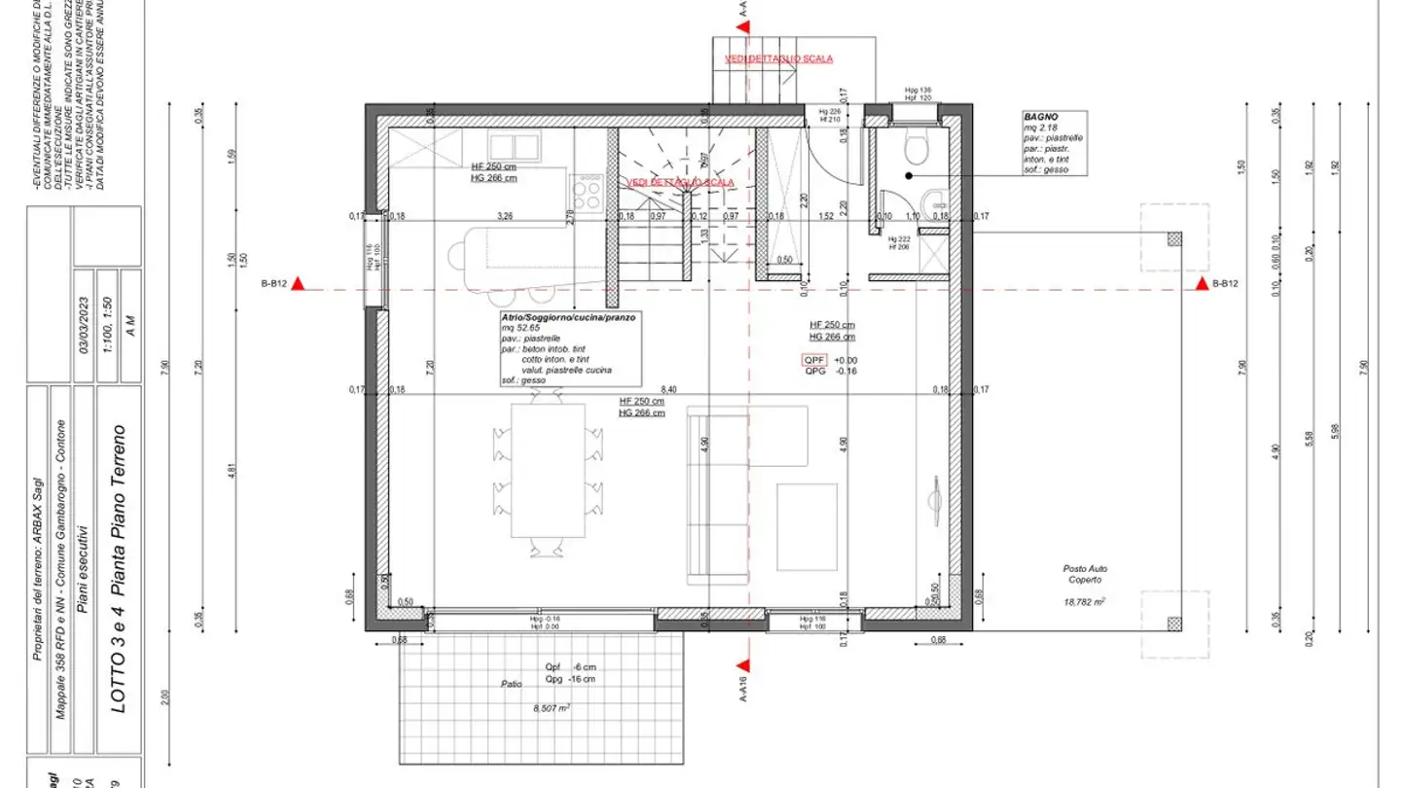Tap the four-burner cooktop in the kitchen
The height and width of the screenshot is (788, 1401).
(588, 191)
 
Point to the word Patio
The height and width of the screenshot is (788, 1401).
(512, 684)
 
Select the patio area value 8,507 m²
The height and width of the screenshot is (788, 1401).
(550, 708)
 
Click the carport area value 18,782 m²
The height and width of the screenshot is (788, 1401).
(1085, 602)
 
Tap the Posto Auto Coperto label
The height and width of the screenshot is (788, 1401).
(1085, 574)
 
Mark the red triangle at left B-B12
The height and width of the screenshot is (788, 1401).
(300, 284)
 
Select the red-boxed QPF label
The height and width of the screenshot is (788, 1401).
(813, 360)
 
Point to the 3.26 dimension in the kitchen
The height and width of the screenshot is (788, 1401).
(505, 215)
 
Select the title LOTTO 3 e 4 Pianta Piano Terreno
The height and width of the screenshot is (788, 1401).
(118, 569)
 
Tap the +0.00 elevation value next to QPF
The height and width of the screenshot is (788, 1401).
(844, 360)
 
